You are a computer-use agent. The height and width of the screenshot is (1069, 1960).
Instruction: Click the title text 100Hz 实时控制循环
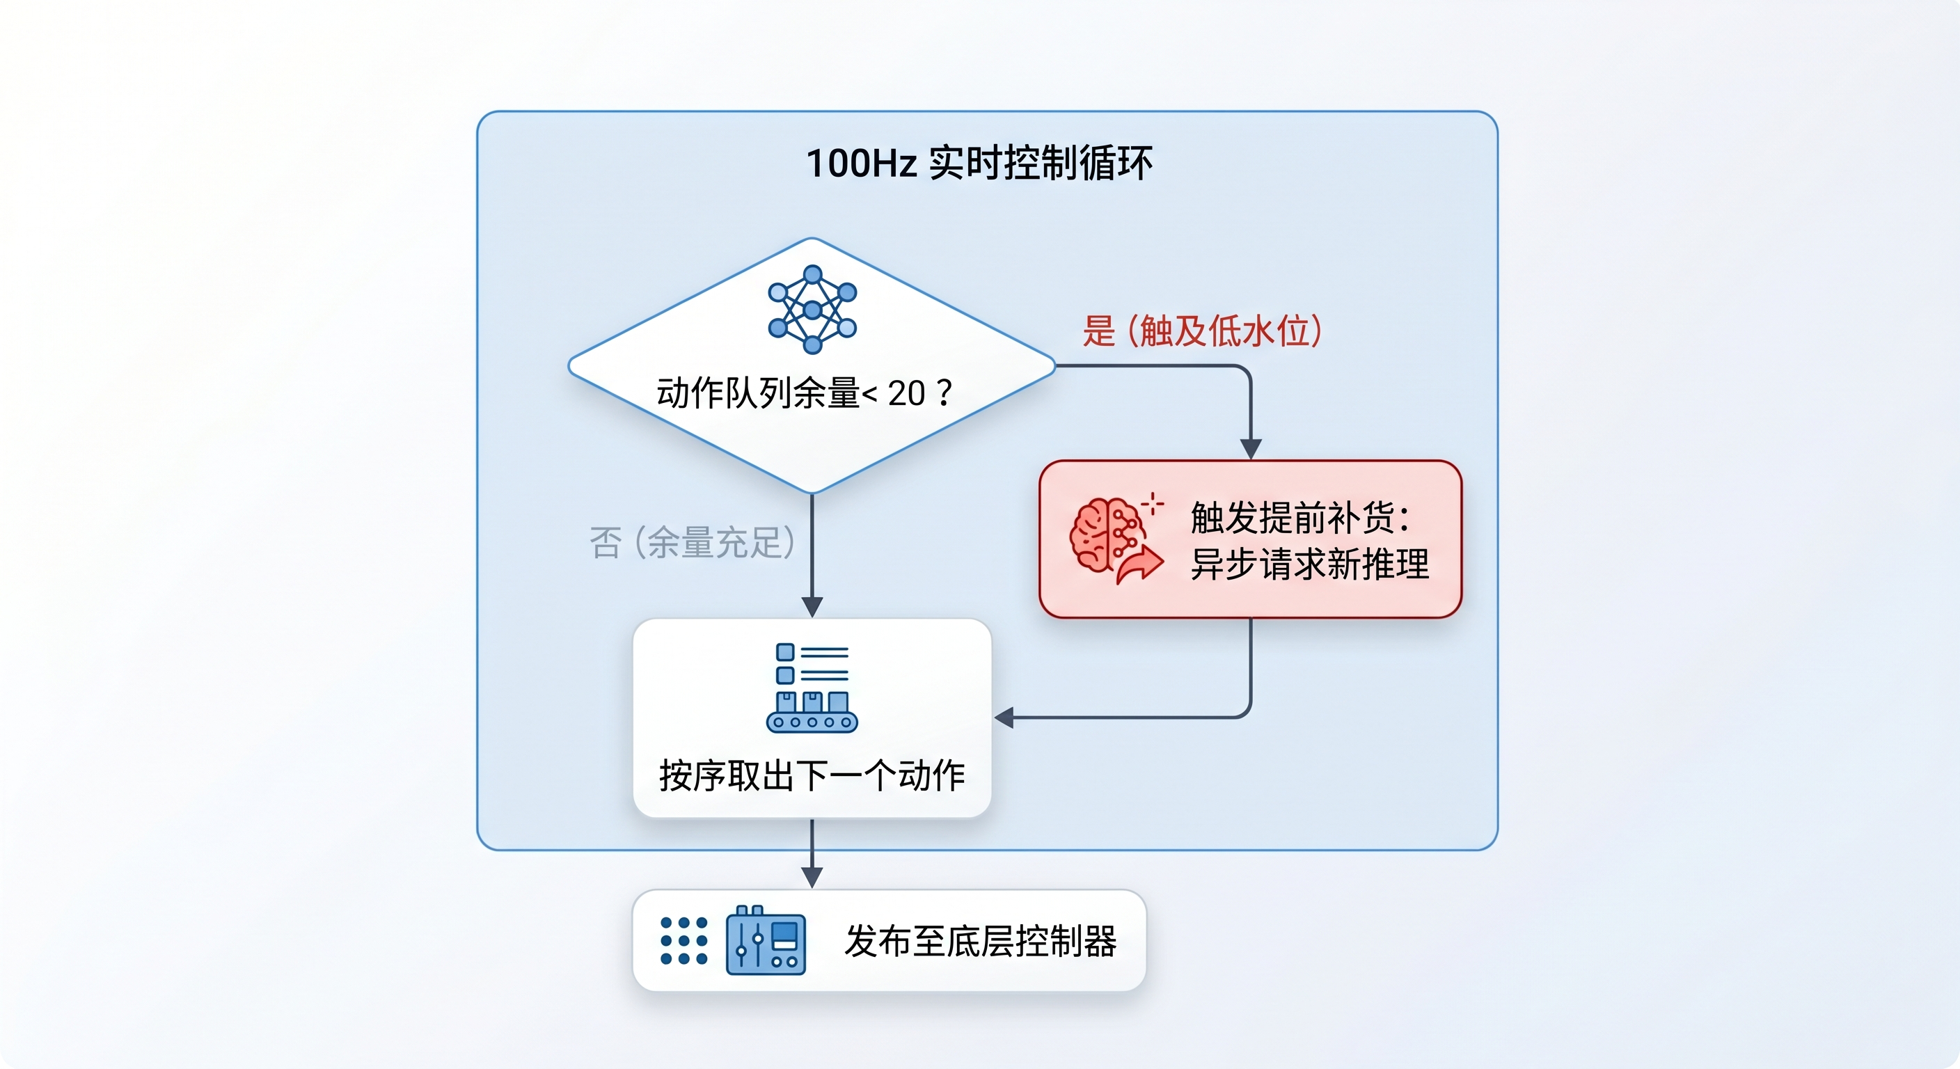[979, 163]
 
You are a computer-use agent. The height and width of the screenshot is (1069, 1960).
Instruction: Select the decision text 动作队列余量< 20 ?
[804, 393]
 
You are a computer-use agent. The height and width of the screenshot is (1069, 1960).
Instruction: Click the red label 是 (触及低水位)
[1202, 331]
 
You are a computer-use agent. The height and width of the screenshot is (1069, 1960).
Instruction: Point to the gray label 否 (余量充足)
[692, 542]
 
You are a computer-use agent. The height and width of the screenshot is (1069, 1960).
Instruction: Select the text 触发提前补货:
[1300, 518]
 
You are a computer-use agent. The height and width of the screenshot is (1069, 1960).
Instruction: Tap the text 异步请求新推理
[1309, 564]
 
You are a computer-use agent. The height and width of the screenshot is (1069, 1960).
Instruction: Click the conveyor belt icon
[812, 688]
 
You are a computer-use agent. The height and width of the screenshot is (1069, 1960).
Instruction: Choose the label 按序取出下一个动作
[812, 776]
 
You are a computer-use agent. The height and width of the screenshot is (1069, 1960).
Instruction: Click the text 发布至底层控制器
[980, 941]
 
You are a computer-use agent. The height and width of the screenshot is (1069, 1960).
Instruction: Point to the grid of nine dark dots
[684, 941]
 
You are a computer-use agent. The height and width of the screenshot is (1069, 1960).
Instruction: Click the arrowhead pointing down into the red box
[1251, 449]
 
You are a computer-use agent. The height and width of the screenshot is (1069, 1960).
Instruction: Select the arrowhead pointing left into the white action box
[1004, 718]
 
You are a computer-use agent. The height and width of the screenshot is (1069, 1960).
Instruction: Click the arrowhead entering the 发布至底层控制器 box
[812, 878]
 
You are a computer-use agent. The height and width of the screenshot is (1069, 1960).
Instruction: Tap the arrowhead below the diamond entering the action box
[812, 607]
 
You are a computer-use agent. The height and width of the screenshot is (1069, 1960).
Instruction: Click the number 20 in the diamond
[906, 393]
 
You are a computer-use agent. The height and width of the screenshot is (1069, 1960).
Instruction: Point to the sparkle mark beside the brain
[1153, 504]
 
